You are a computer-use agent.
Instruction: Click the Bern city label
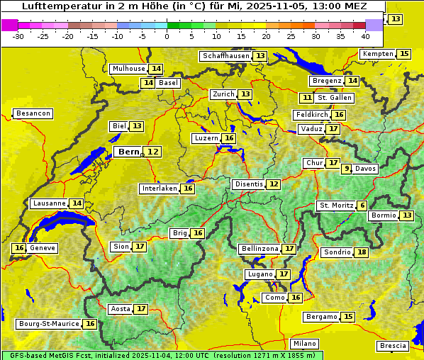(x=129, y=152)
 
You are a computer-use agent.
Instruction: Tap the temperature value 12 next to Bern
(x=153, y=152)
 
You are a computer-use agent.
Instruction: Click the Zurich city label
(x=223, y=94)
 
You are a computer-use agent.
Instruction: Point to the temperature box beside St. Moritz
(x=362, y=206)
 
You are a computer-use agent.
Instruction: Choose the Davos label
(x=366, y=169)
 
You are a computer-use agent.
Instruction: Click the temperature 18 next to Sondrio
(x=362, y=252)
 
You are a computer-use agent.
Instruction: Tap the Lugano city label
(x=259, y=274)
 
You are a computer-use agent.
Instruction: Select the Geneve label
(x=42, y=248)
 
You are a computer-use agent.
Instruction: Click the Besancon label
(x=33, y=113)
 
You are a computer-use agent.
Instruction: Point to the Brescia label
(x=393, y=346)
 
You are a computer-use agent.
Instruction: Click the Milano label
(x=305, y=343)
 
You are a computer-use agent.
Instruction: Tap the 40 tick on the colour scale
(x=365, y=35)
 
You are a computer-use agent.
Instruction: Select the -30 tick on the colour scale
(x=18, y=35)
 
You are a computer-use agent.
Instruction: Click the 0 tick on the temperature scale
(x=167, y=35)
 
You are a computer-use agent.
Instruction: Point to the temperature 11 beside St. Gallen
(x=306, y=98)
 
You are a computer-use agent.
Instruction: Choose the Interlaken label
(x=159, y=189)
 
